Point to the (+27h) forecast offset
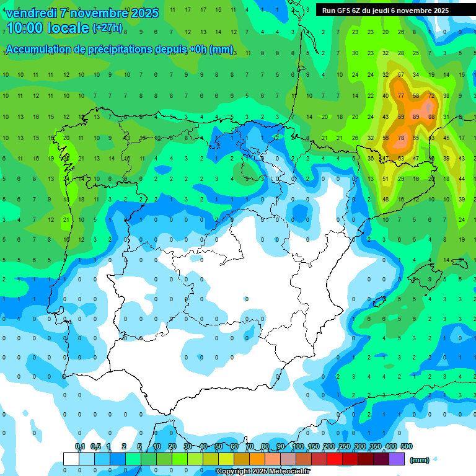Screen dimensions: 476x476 click(x=107, y=28)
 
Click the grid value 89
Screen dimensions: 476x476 click(x=416, y=117)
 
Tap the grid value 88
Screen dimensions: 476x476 click(x=431, y=117)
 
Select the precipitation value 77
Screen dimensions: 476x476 click(x=401, y=95)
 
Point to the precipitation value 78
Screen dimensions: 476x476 click(x=401, y=138)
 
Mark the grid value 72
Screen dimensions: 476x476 click(x=431, y=95)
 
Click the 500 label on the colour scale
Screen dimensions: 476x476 click(x=406, y=446)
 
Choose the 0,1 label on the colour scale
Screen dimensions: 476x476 click(x=80, y=446)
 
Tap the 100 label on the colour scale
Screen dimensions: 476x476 click(x=298, y=446)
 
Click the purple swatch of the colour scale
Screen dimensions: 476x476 click(x=397, y=459)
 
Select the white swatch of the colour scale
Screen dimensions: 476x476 click(x=71, y=459)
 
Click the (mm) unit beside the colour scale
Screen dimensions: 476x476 click(x=420, y=459)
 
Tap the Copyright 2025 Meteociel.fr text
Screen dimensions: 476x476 click(x=263, y=472)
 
